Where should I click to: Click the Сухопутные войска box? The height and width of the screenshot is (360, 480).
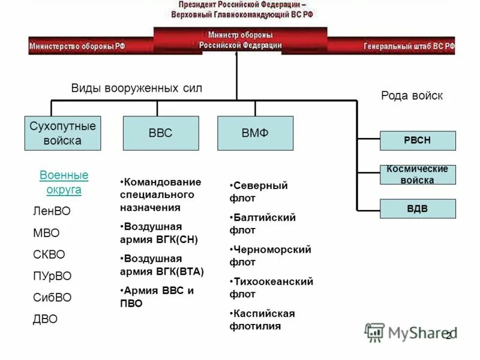[63, 133]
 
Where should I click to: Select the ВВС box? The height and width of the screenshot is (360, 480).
[160, 133]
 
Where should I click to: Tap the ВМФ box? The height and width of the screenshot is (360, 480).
[255, 133]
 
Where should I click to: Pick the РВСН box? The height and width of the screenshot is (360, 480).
[418, 140]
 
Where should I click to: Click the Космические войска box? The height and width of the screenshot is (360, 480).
[418, 175]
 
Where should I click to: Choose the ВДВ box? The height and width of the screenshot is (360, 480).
[418, 209]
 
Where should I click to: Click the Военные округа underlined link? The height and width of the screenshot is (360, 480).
[64, 182]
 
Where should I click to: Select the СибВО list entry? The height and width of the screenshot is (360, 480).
[52, 298]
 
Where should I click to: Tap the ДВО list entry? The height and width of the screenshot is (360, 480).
[45, 319]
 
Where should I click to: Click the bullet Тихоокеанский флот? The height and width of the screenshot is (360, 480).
[271, 288]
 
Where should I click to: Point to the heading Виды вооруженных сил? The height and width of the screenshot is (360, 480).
[137, 88]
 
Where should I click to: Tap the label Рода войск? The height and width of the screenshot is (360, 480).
[412, 95]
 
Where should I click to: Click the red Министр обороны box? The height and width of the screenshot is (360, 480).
[240, 40]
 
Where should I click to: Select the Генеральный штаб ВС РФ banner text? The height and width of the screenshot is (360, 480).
[409, 46]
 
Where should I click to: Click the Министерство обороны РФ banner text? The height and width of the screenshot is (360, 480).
[77, 46]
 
